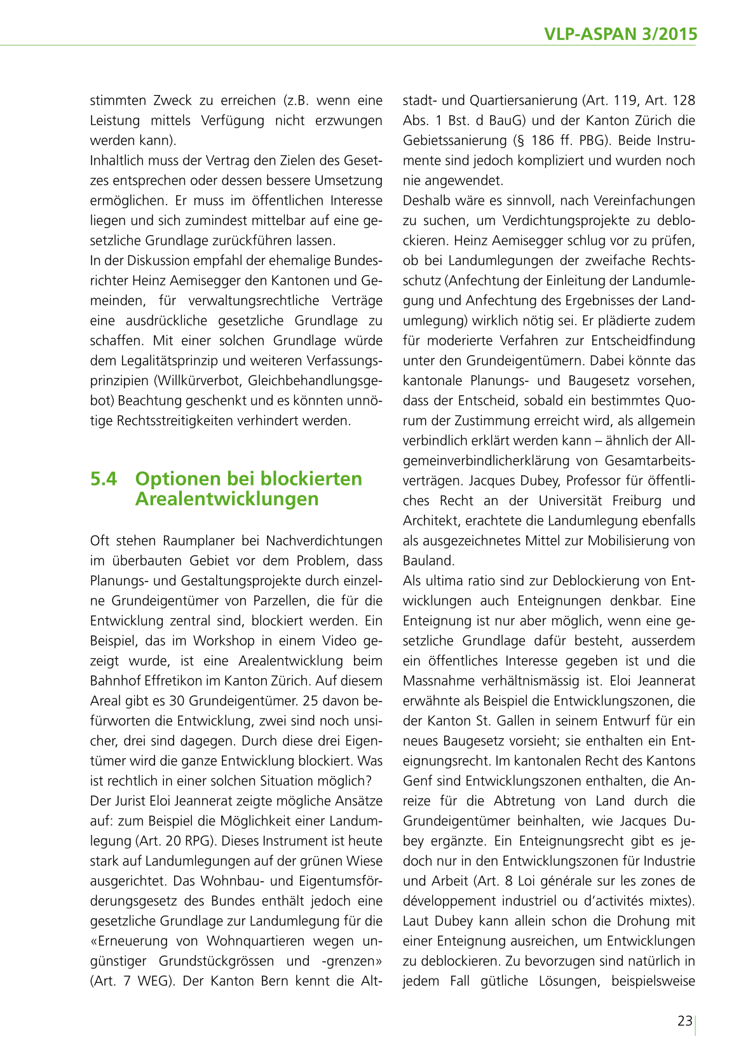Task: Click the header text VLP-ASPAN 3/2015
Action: pos(620,34)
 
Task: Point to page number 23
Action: pos(684,1022)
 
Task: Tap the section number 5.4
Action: pos(104,478)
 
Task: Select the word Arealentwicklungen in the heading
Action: pos(227,499)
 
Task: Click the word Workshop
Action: pos(224,641)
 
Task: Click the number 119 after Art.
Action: pos(625,100)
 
